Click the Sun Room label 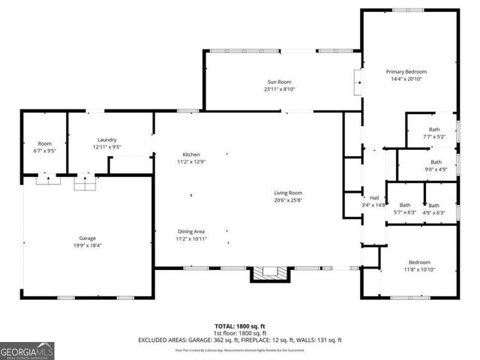pos(279,82)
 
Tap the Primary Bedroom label pos(405,71)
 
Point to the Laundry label pos(106,139)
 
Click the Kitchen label pos(190,154)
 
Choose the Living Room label pos(288,193)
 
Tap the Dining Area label pos(191,231)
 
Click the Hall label pos(373,198)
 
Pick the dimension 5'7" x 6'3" pos(405,212)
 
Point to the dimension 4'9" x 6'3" pos(434,212)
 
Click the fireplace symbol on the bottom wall pos(268,274)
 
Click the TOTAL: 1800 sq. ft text pos(240,326)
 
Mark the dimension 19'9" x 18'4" pos(87,244)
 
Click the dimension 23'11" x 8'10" pos(279,89)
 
